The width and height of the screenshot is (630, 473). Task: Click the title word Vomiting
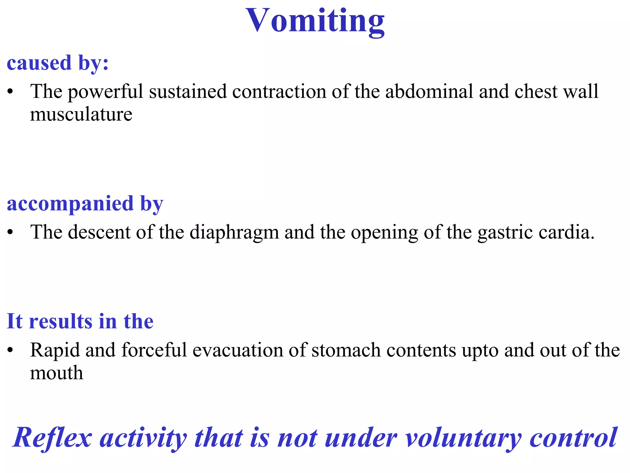pyautogui.click(x=315, y=21)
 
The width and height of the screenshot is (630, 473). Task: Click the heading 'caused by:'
pyautogui.click(x=58, y=63)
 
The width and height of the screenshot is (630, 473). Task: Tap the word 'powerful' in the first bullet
pyautogui.click(x=105, y=92)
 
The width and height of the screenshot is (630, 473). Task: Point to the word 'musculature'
pyautogui.click(x=81, y=115)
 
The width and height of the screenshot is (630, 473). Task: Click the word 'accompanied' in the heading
pyautogui.click(x=70, y=204)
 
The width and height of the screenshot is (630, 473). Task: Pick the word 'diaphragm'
pyautogui.click(x=234, y=232)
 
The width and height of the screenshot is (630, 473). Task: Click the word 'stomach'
pyautogui.click(x=346, y=350)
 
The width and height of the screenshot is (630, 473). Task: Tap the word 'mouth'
pyautogui.click(x=57, y=373)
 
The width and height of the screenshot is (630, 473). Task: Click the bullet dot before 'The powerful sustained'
pyautogui.click(x=10, y=92)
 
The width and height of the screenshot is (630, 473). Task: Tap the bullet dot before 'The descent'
pyautogui.click(x=10, y=232)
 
